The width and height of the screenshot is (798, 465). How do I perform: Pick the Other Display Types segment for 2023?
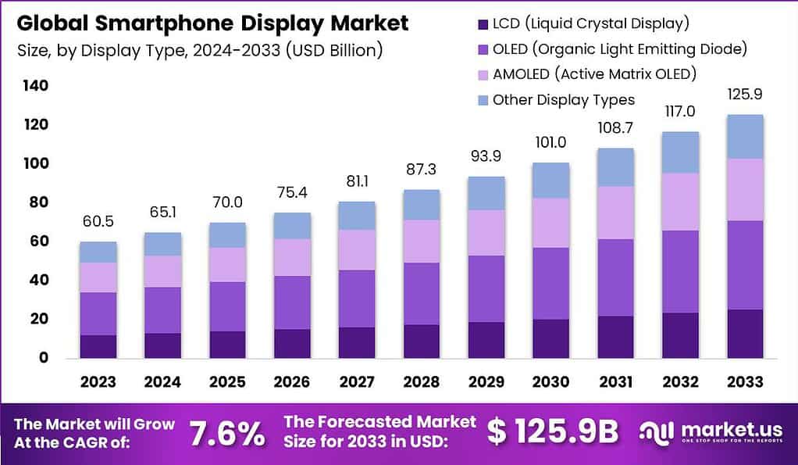(98, 252)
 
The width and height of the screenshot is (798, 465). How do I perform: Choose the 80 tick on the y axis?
(39, 202)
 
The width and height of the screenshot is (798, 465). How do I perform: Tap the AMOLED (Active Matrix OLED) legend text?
(594, 74)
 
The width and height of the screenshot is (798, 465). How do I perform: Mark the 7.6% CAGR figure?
(227, 432)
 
